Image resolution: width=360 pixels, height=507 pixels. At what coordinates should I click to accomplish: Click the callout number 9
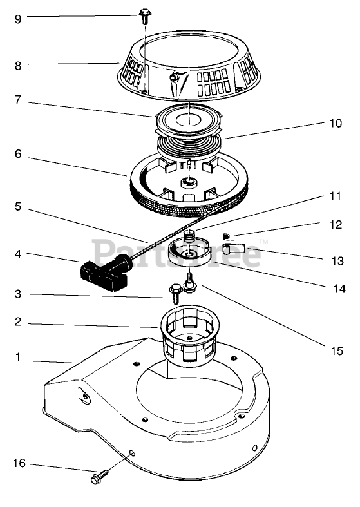pyautogui.click(x=18, y=19)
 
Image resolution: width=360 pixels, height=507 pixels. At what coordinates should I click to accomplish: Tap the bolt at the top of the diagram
pyautogui.click(x=144, y=16)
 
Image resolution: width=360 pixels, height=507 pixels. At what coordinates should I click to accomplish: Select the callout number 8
pyautogui.click(x=18, y=66)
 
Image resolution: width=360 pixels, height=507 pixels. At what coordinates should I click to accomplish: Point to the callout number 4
pyautogui.click(x=18, y=254)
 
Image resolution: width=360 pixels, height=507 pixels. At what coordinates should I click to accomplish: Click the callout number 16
pyautogui.click(x=19, y=463)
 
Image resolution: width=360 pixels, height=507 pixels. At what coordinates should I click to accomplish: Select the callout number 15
pyautogui.click(x=337, y=351)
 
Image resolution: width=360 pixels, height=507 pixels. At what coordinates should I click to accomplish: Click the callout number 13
pyautogui.click(x=337, y=261)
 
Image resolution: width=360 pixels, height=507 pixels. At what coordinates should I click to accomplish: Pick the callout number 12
pyautogui.click(x=336, y=224)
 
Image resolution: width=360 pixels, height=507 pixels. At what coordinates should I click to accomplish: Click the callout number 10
pyautogui.click(x=336, y=123)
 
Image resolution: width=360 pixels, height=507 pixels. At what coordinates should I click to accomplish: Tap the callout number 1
pyautogui.click(x=18, y=358)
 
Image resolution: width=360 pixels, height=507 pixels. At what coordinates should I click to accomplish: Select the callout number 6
pyautogui.click(x=18, y=154)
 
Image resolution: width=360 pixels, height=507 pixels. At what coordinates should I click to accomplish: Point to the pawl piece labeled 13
pyautogui.click(x=237, y=248)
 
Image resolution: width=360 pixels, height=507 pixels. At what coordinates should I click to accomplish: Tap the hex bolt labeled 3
pyautogui.click(x=175, y=294)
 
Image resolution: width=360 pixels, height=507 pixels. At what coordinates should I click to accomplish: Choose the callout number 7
pyautogui.click(x=18, y=100)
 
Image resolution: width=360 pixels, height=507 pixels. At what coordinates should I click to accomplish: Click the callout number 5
pyautogui.click(x=18, y=207)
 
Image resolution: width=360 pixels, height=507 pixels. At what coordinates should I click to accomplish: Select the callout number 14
pyautogui.click(x=339, y=289)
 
